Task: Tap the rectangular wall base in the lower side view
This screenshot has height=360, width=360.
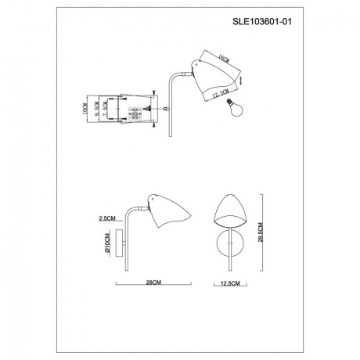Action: (x=121, y=245)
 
